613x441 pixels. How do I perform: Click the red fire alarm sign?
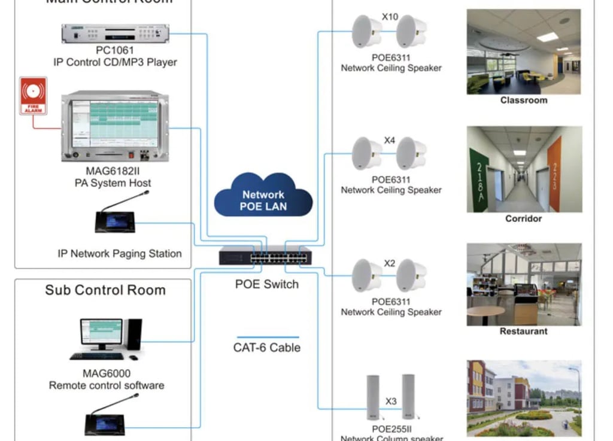click(x=33, y=96)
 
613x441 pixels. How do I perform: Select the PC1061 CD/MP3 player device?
click(x=115, y=34)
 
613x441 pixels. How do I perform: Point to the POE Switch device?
click(x=265, y=256)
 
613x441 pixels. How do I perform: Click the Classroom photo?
click(x=524, y=51)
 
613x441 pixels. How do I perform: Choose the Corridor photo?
click(x=524, y=169)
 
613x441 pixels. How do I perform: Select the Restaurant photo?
click(x=524, y=284)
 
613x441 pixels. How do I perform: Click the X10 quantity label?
click(x=390, y=17)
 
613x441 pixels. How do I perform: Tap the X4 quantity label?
click(x=390, y=141)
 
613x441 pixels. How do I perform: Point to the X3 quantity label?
click(x=391, y=401)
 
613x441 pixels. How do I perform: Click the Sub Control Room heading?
click(x=105, y=290)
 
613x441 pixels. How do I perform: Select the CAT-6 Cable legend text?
click(x=267, y=348)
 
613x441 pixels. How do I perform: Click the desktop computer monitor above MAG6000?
click(x=102, y=333)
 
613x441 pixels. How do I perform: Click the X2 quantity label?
click(x=390, y=263)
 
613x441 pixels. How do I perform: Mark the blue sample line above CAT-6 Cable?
click(x=268, y=337)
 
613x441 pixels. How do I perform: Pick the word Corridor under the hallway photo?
click(x=523, y=219)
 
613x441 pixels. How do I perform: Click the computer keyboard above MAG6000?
click(x=96, y=357)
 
